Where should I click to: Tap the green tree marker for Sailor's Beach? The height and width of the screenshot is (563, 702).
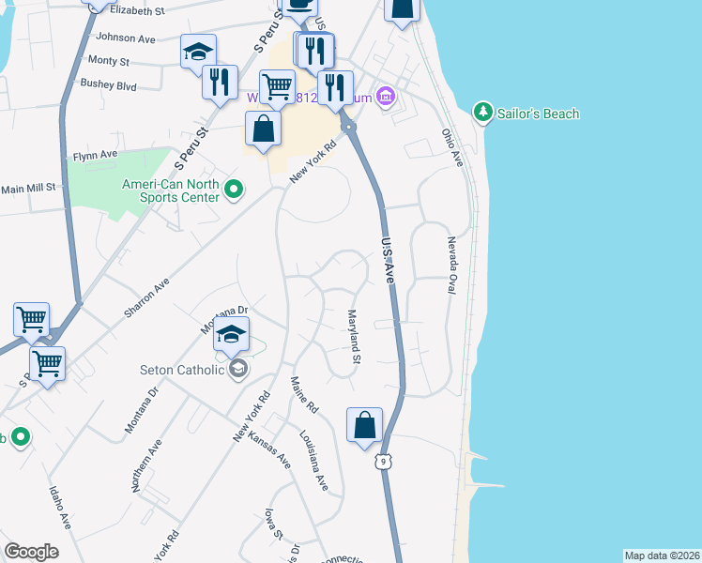(x=483, y=113)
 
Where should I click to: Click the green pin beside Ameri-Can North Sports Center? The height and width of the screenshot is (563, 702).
(x=234, y=192)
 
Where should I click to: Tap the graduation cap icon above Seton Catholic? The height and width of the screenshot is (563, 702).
(x=232, y=335)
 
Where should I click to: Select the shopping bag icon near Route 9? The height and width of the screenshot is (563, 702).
(x=365, y=425)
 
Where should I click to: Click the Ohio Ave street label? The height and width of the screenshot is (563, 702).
(x=453, y=148)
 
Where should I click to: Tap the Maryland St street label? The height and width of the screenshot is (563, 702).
(x=355, y=336)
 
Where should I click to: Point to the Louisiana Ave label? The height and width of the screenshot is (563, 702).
(x=314, y=462)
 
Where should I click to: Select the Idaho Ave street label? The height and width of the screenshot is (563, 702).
(x=58, y=506)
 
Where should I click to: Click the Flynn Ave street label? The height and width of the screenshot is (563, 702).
(x=96, y=154)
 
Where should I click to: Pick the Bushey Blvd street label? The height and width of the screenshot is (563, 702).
(x=109, y=85)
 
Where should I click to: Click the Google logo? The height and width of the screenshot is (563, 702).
(x=31, y=552)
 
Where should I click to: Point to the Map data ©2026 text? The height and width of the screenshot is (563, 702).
(x=662, y=555)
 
